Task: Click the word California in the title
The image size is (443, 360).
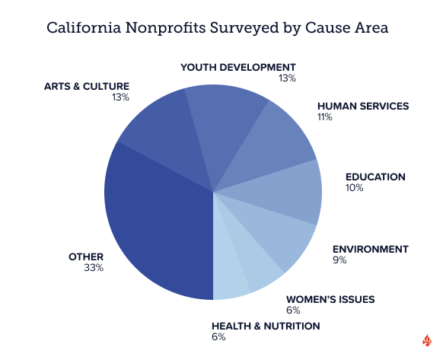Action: tap(84, 27)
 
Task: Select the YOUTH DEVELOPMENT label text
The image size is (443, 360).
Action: tap(238, 68)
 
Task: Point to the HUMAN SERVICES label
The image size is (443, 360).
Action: tap(363, 107)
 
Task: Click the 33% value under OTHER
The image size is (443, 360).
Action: tap(94, 268)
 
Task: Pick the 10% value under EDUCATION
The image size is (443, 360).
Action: tap(354, 188)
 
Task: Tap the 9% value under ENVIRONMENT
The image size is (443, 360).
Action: tap(339, 260)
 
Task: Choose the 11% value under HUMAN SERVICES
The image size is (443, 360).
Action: tap(325, 117)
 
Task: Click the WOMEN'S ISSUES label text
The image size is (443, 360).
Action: tap(330, 300)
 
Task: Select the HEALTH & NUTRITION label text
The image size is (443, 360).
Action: tap(266, 327)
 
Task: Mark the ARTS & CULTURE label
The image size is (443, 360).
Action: tap(87, 87)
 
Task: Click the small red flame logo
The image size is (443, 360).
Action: tap(427, 340)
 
